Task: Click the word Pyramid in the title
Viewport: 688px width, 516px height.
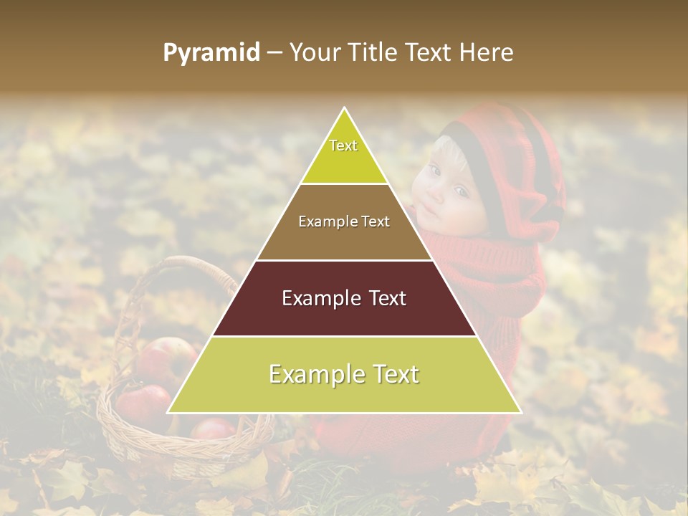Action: [x=211, y=53]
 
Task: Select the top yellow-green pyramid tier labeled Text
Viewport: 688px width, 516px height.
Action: [x=344, y=154]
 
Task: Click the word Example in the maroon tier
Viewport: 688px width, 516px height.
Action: [x=312, y=298]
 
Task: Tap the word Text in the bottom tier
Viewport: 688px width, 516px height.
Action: [x=393, y=374]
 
